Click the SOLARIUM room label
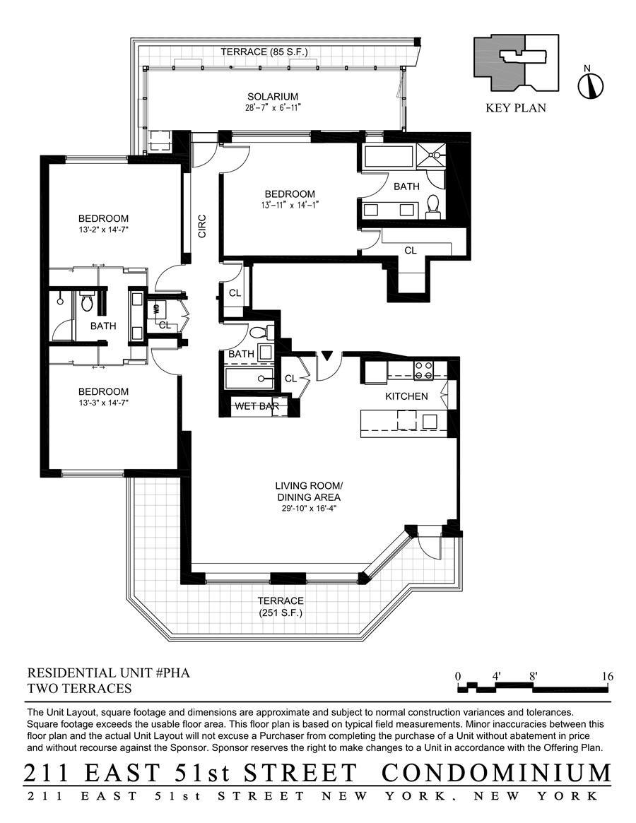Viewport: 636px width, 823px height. click(x=272, y=97)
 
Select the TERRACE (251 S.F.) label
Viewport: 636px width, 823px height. click(x=281, y=607)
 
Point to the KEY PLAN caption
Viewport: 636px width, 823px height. click(x=516, y=108)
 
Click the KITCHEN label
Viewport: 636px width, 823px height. click(x=406, y=396)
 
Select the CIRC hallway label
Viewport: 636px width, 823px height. click(x=202, y=225)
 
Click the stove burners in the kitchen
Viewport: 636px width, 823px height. click(x=423, y=370)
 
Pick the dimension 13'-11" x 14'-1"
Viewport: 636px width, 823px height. click(x=290, y=206)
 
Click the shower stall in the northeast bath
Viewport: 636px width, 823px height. click(x=432, y=155)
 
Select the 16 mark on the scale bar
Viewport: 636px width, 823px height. click(x=607, y=676)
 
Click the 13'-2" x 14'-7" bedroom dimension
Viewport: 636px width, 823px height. click(x=103, y=230)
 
